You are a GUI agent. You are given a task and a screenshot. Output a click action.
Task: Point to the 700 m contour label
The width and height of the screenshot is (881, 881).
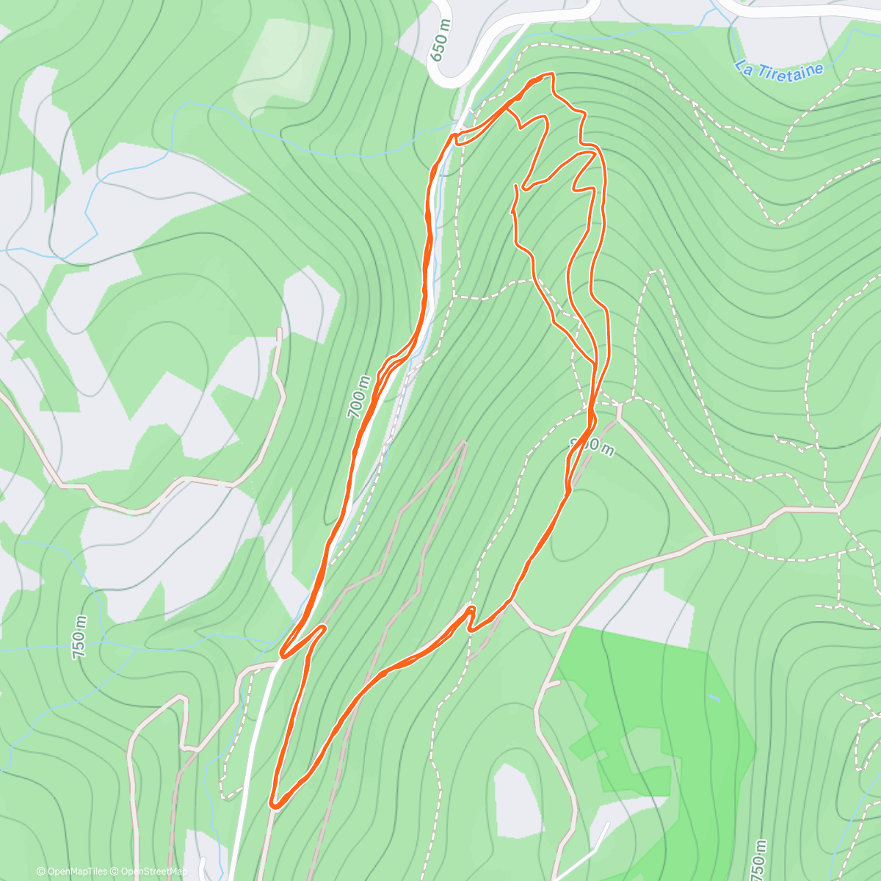(360, 396)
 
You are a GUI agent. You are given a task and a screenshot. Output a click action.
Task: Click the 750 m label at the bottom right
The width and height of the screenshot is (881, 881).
(758, 859)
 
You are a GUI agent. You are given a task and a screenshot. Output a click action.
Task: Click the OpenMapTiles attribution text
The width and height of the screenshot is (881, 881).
(72, 871)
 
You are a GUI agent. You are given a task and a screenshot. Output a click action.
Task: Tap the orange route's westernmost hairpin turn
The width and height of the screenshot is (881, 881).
(283, 653)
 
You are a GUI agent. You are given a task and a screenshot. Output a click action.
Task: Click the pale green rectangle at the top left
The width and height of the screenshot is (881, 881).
(283, 59)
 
